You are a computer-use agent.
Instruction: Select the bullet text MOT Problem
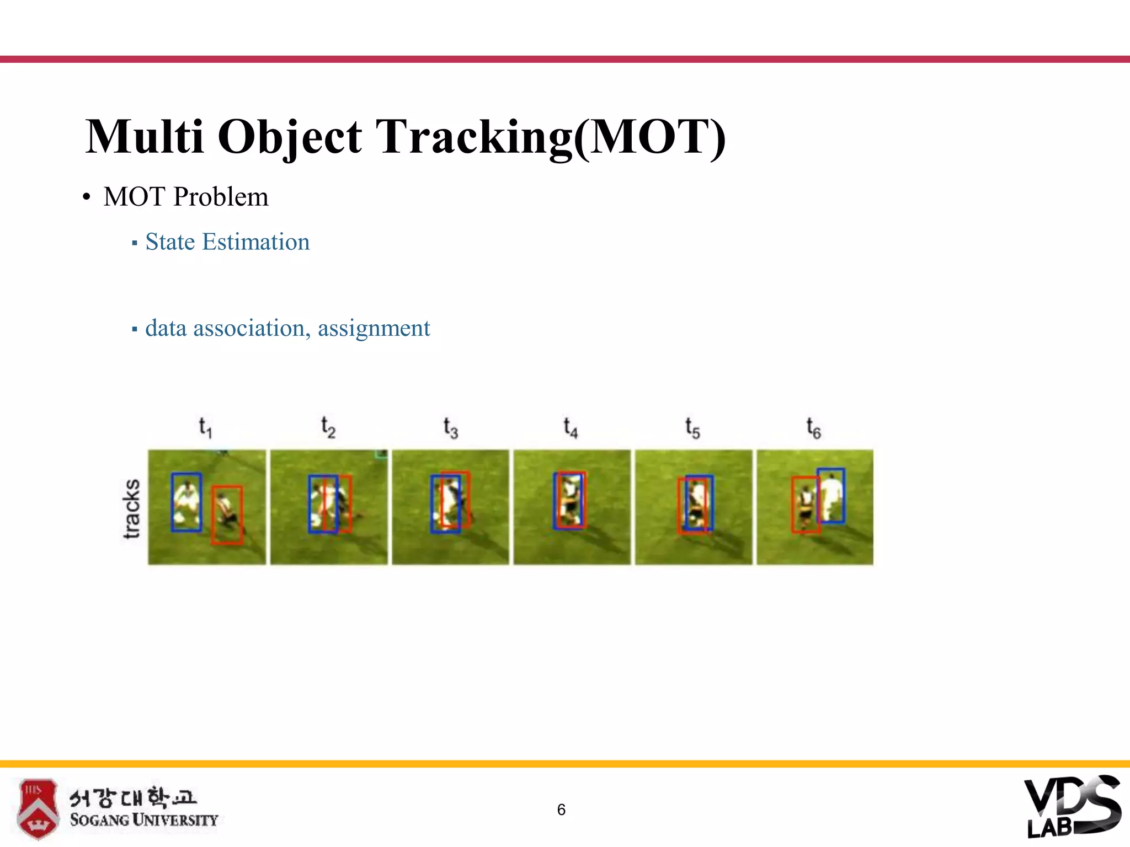tap(185, 197)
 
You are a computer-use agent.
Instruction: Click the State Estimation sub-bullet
tap(227, 242)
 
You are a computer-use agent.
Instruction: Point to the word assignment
tap(374, 328)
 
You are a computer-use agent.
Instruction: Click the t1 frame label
tap(205, 427)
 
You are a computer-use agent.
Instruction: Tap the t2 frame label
tap(328, 427)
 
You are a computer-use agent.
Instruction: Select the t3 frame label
tap(450, 427)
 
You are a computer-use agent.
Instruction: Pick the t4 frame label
tap(571, 427)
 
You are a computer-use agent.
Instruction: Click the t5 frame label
tap(692, 427)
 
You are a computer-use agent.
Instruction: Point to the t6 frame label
tap(813, 427)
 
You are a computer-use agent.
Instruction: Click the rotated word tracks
tap(131, 508)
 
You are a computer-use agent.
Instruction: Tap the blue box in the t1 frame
tap(172, 502)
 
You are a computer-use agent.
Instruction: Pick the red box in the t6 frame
tap(793, 505)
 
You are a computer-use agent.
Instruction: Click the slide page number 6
tap(561, 810)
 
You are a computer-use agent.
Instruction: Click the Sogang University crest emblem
tap(37, 808)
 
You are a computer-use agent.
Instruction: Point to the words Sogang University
tap(144, 820)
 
